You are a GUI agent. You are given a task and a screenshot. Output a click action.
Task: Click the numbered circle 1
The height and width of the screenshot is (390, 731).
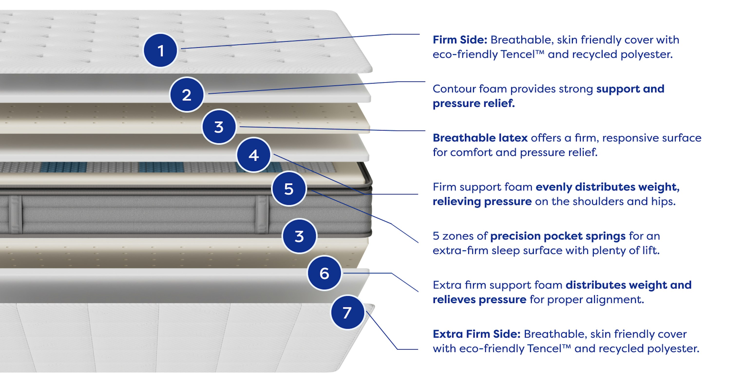(x=160, y=50)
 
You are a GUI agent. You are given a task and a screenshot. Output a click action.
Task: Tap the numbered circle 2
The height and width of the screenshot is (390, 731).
(x=187, y=95)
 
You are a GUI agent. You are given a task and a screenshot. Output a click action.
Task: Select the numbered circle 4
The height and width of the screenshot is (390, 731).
(x=254, y=155)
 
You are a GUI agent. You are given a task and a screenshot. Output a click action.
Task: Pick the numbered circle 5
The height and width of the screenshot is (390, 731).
(x=289, y=189)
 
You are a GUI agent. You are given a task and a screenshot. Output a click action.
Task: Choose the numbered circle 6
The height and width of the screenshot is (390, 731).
(x=324, y=273)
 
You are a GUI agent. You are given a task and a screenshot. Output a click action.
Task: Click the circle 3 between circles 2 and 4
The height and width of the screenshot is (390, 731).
(x=219, y=126)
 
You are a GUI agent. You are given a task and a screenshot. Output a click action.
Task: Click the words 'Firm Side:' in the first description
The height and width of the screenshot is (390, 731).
(x=460, y=40)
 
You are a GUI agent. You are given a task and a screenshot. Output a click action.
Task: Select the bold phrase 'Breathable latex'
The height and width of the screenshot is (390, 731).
(x=480, y=138)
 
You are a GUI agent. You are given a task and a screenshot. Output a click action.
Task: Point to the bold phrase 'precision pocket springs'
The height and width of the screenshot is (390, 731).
(x=558, y=236)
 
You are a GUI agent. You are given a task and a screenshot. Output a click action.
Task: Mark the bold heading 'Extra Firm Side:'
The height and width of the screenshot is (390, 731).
(x=476, y=334)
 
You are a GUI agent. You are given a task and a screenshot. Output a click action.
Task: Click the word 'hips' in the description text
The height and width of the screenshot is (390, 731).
(x=664, y=202)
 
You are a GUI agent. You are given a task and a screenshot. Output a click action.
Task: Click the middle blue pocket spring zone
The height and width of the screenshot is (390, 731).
(x=161, y=167)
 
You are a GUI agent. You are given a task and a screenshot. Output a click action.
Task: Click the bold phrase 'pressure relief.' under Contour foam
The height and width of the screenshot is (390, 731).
(x=474, y=104)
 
